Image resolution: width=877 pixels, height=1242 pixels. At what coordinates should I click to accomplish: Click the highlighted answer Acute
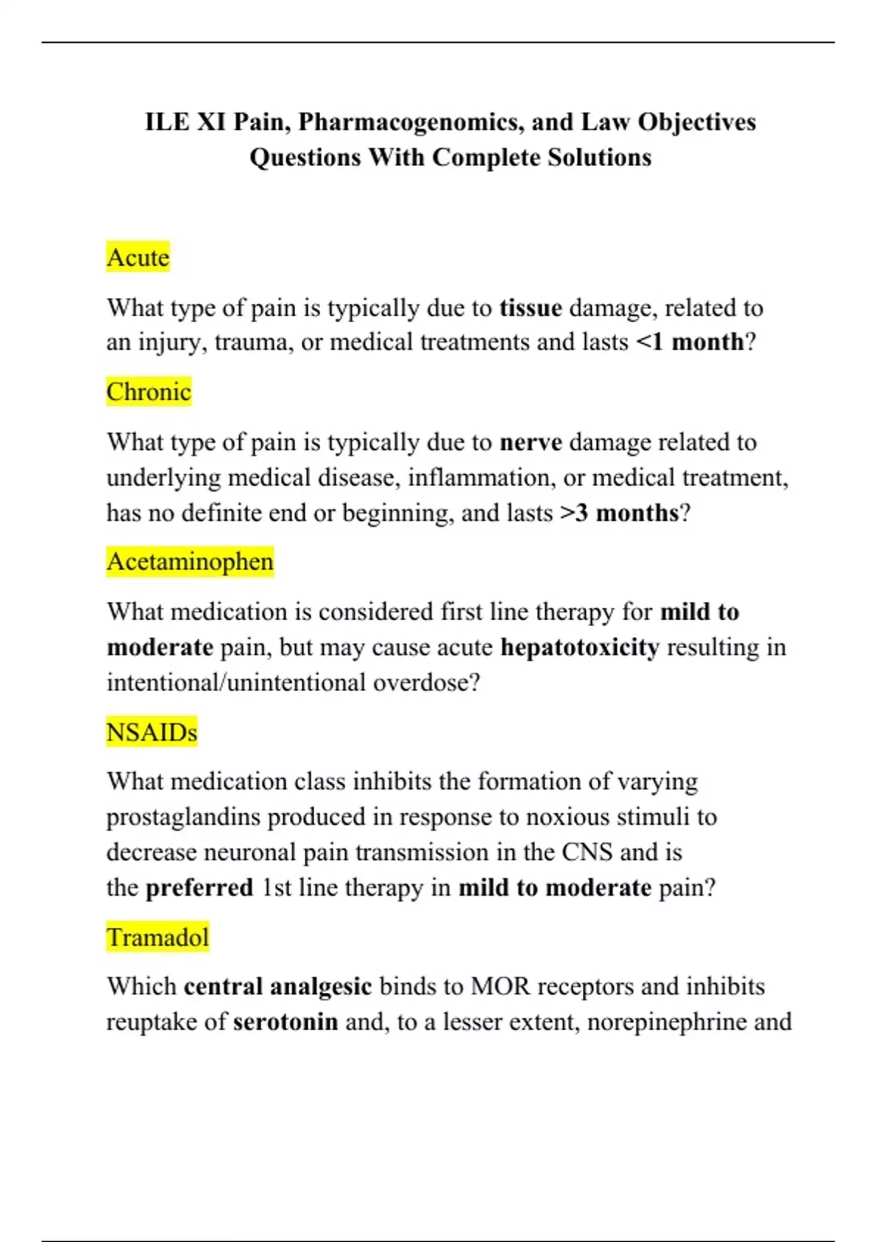[x=137, y=257]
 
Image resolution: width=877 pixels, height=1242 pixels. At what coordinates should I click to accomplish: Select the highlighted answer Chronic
[x=148, y=392]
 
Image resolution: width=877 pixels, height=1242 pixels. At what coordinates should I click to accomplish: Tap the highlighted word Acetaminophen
[x=190, y=562]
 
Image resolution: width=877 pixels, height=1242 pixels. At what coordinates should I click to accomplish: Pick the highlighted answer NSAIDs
[x=151, y=732]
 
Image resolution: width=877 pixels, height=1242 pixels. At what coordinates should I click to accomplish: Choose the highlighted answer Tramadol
[x=158, y=937]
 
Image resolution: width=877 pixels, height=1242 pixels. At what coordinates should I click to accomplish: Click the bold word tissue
[x=531, y=308]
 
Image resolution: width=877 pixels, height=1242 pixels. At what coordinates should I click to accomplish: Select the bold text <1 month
[x=690, y=342]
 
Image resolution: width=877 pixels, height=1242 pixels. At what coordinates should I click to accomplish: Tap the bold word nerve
[x=531, y=442]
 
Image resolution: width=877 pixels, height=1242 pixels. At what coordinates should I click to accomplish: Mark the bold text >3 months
[x=620, y=513]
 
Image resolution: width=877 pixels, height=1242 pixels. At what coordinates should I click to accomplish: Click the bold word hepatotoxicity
[x=580, y=647]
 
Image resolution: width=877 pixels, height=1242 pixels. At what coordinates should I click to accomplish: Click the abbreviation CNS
[x=587, y=852]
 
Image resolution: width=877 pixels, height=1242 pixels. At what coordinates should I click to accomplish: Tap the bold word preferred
[x=200, y=888]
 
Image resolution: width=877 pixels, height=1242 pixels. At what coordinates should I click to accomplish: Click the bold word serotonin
[x=286, y=1021]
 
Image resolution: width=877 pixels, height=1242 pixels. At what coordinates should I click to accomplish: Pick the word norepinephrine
[x=667, y=1021]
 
